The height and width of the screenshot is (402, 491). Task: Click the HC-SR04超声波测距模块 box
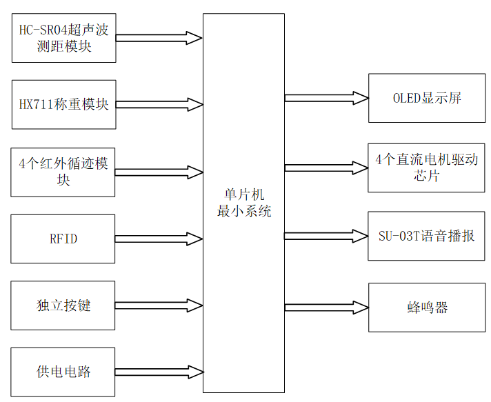tap(63, 38)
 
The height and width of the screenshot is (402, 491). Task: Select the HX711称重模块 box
tap(63, 105)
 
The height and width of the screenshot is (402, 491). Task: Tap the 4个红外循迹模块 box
tap(63, 172)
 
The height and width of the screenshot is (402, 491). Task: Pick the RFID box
tap(63, 239)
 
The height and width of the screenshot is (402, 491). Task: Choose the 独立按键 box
tap(63, 305)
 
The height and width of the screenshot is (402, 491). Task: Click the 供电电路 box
tap(63, 372)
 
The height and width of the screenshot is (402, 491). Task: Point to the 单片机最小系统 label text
tap(244, 203)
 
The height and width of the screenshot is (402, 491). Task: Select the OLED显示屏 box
tap(426, 98)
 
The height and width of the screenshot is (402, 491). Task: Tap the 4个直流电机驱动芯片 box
tap(426, 168)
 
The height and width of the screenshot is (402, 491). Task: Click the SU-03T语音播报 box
tap(426, 236)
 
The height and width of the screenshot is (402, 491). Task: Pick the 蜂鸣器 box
tap(426, 307)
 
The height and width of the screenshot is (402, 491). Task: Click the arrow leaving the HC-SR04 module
tap(159, 38)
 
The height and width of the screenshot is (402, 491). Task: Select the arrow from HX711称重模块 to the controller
tap(159, 105)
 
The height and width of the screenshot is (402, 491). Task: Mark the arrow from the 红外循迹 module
tap(159, 172)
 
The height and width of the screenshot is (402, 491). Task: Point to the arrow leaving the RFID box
tap(159, 239)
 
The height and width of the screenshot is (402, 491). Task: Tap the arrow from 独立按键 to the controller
tap(159, 305)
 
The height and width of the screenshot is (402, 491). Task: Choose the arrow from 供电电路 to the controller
tap(159, 372)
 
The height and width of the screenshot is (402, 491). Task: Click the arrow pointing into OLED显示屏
tap(326, 98)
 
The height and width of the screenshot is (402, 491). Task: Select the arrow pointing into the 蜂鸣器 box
tap(326, 307)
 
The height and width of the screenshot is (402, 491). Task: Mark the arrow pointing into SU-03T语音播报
tap(326, 236)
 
